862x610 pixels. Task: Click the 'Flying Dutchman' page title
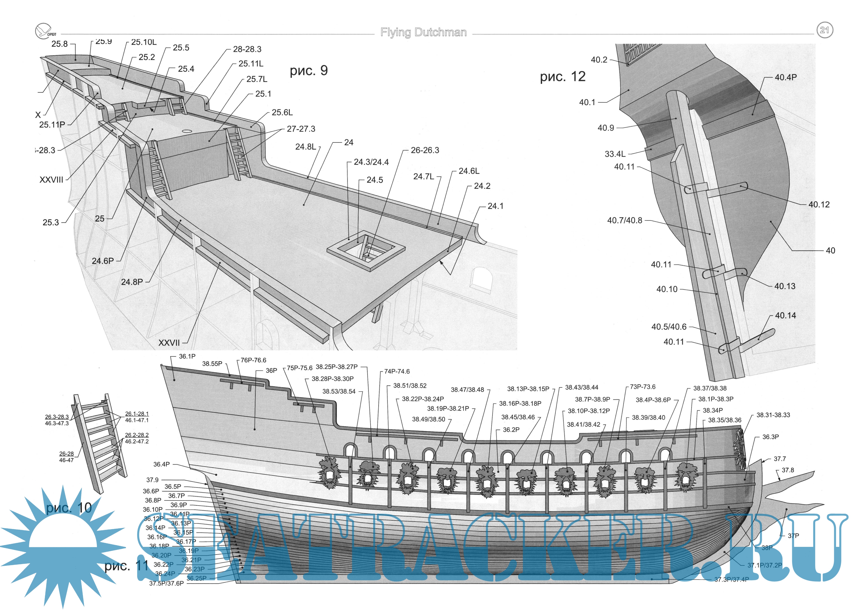pyautogui.click(x=423, y=33)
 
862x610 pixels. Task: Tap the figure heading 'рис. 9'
pyautogui.click(x=309, y=71)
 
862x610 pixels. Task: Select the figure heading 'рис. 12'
pyautogui.click(x=562, y=77)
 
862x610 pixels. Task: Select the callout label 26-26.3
pyautogui.click(x=425, y=150)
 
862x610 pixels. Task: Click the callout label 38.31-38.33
pyautogui.click(x=773, y=415)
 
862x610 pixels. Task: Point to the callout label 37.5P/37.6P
pyautogui.click(x=166, y=583)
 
